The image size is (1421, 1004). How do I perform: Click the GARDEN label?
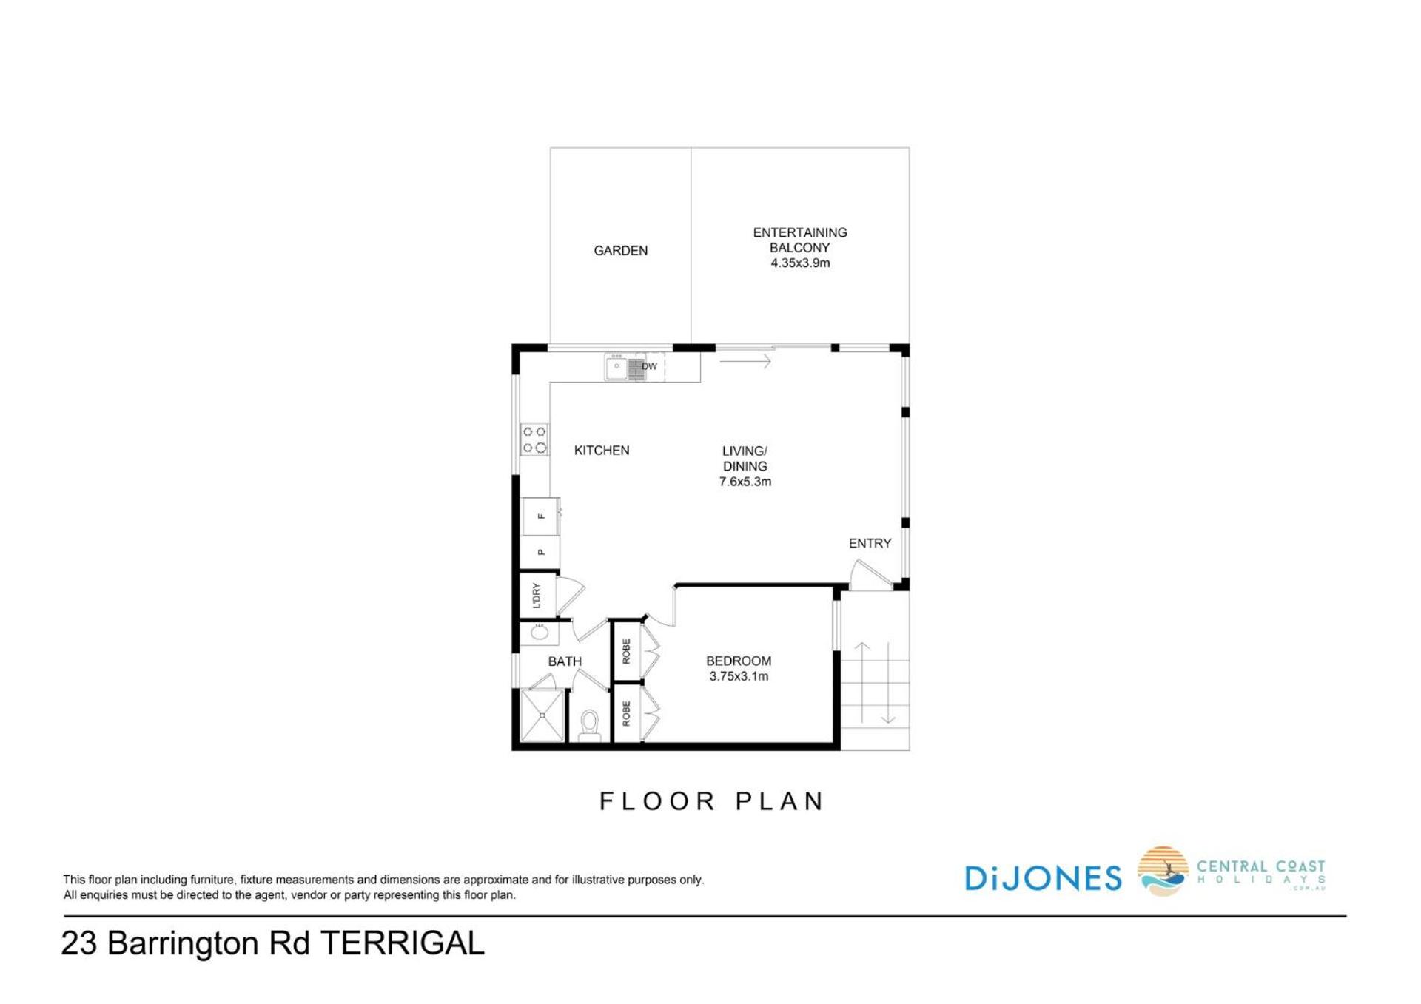(620, 251)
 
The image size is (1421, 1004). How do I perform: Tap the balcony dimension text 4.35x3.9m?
(800, 263)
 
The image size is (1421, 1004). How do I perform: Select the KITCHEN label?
(602, 450)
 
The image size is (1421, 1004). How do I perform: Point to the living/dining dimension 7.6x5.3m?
(745, 482)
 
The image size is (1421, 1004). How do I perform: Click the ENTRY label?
(870, 543)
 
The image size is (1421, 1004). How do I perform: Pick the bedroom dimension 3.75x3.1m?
(739, 676)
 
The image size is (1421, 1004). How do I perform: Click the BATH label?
(565, 661)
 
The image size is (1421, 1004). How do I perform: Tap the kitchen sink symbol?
(625, 367)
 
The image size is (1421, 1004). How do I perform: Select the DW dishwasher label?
(649, 366)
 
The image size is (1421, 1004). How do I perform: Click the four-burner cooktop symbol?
(534, 439)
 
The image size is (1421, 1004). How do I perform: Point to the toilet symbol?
(590, 725)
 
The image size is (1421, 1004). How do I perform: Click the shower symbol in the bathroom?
(542, 715)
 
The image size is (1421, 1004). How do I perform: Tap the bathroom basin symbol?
(540, 633)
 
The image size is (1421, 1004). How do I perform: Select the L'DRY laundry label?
(537, 596)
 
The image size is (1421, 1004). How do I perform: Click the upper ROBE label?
(626, 651)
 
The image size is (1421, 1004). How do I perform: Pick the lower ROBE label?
(626, 713)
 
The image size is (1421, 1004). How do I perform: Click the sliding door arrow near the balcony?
(745, 362)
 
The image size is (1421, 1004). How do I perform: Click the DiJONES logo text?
(1043, 878)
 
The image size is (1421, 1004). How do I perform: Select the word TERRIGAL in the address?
(403, 943)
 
